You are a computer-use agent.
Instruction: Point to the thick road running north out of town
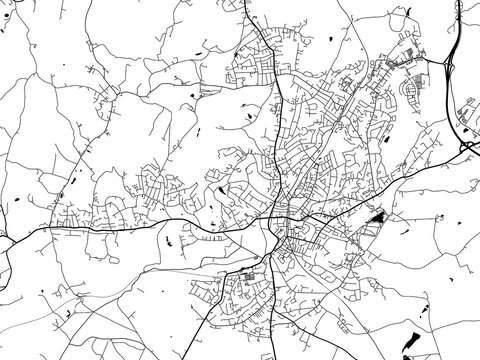point(279,110)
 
